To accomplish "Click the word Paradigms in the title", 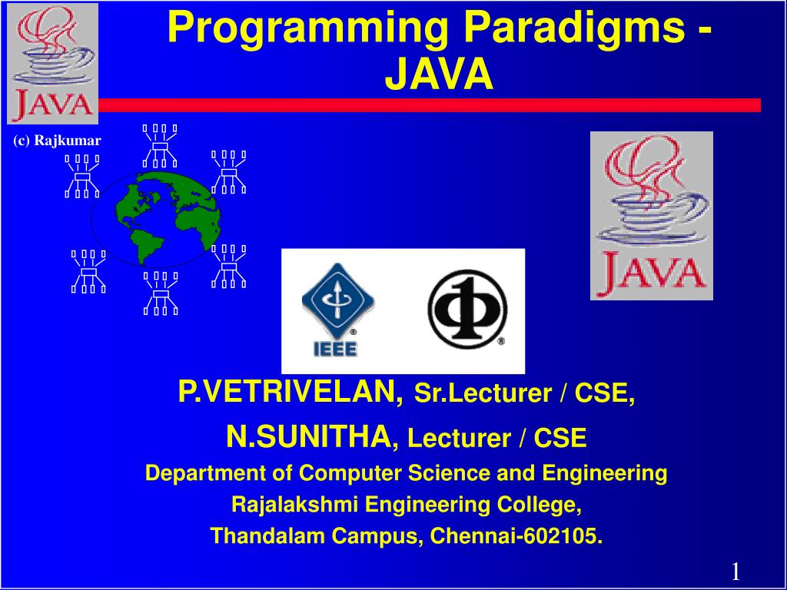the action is [x=573, y=28].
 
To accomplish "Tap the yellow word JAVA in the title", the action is [x=439, y=75].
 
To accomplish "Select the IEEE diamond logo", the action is [x=337, y=310].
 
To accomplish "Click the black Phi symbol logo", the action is [x=467, y=310].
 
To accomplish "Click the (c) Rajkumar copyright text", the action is [x=57, y=141].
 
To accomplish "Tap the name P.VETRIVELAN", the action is [x=291, y=391].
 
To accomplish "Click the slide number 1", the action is [x=736, y=572].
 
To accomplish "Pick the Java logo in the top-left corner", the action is [x=53, y=64].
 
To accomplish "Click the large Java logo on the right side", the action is [x=652, y=216].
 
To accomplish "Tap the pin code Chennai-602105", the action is [x=516, y=535].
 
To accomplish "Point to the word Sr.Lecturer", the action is [x=483, y=393].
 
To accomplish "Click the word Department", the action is [x=207, y=474].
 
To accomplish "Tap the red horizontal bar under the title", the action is [x=430, y=105].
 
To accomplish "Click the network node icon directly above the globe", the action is [x=160, y=146].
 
